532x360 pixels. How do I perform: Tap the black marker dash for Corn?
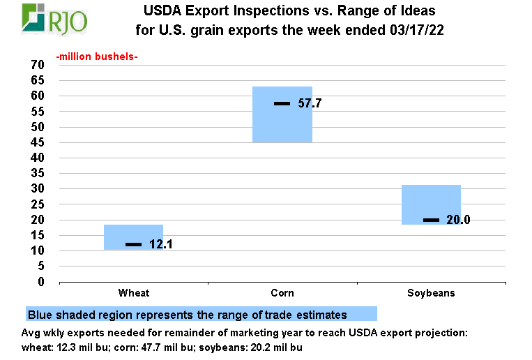coord(282,103)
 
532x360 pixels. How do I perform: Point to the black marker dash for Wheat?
coord(133,244)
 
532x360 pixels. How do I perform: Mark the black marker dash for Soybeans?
coord(431,220)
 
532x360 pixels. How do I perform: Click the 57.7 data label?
coord(310,103)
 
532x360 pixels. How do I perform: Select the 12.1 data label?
coord(161,244)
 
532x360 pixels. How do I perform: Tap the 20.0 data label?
coord(458,220)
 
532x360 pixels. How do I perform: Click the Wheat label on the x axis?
coord(134,293)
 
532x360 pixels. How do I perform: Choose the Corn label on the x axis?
coord(282,293)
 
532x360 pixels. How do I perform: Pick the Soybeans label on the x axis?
coord(431,293)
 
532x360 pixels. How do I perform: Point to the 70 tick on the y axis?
coord(38,65)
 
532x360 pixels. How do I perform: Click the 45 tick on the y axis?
coord(38,142)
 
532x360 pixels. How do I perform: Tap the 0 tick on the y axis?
coord(41,282)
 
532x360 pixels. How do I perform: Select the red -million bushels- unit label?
coord(97,57)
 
